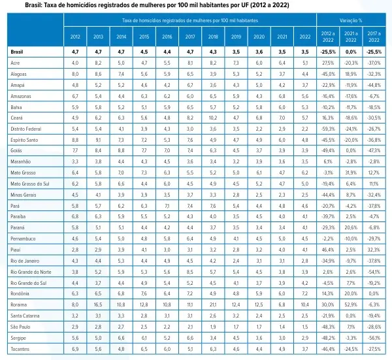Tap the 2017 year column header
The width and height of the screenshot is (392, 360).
[x=189, y=37]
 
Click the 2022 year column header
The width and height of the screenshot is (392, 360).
[x=304, y=37]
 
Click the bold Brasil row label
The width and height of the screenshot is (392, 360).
[x=18, y=51]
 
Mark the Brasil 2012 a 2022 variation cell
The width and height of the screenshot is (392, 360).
[x=328, y=51]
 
